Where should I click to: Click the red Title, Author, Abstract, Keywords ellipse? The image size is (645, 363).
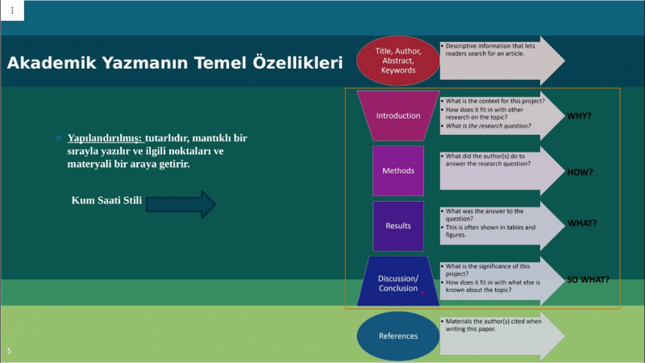[397, 60]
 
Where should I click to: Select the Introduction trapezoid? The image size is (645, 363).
[397, 115]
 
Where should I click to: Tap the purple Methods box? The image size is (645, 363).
[397, 170]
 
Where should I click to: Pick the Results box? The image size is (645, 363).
[397, 226]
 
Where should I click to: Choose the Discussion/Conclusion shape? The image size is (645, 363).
[397, 281]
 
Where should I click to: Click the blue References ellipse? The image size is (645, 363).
[397, 336]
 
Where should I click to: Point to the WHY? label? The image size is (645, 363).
[579, 116]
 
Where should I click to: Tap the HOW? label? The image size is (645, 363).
[580, 173]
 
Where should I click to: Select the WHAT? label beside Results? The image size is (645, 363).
[582, 223]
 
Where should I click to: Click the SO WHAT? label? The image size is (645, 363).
[588, 280]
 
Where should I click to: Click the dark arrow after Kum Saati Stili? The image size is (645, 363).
[181, 204]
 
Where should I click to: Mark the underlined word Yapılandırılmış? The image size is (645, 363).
[105, 138]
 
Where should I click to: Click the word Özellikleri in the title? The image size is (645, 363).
[298, 63]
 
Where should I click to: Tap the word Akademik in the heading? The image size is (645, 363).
[52, 63]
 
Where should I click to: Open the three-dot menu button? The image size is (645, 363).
[12, 10]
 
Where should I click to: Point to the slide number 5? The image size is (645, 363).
[9, 351]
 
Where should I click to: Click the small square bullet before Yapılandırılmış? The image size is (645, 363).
[59, 138]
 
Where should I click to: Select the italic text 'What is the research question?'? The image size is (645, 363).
[489, 126]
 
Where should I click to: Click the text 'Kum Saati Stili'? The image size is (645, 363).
[106, 200]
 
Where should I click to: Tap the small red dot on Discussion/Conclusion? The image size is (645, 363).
[422, 293]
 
